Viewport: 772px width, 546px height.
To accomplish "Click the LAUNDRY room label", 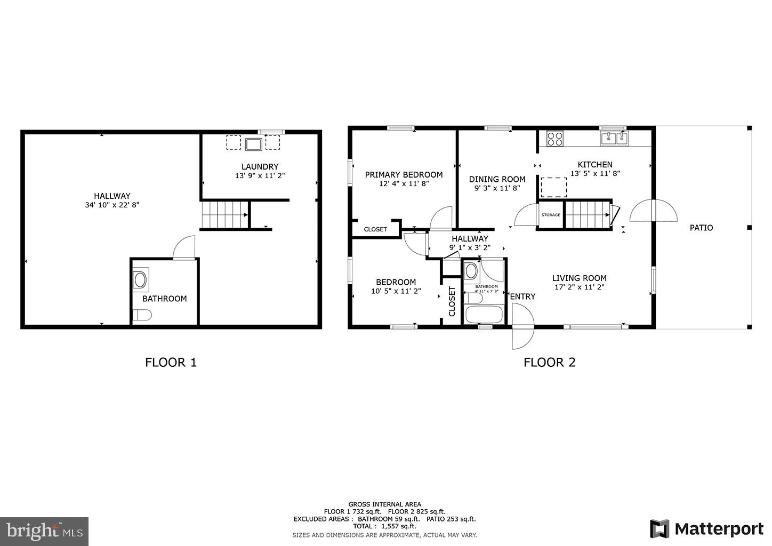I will [x=260, y=166].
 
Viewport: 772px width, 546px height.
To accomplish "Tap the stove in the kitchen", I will [x=555, y=139].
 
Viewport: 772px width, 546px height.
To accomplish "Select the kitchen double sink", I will [x=614, y=138].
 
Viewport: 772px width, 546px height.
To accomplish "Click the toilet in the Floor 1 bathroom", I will [x=142, y=315].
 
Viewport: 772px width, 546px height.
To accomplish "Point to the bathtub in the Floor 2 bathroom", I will [x=484, y=314].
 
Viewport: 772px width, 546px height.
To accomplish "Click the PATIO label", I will [x=701, y=228].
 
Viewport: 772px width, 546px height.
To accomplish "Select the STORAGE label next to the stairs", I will [x=551, y=215].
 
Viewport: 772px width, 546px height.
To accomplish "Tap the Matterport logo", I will [x=706, y=528].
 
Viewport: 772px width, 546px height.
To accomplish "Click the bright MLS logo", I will [x=44, y=531].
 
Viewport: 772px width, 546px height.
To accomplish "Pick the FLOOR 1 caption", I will [x=171, y=363].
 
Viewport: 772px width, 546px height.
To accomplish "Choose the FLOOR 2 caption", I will [x=549, y=363].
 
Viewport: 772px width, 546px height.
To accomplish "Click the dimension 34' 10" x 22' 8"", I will [x=112, y=205].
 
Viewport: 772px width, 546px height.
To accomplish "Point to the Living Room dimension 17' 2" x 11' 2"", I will [x=579, y=287].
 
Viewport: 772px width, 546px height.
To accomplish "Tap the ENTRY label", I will [x=522, y=296].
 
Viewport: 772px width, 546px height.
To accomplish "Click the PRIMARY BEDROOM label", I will [x=404, y=174].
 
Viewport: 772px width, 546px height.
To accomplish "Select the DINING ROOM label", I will [x=497, y=179].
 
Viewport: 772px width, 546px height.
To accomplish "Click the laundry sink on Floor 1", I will [x=253, y=143].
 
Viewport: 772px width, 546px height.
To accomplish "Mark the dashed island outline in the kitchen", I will [x=554, y=187].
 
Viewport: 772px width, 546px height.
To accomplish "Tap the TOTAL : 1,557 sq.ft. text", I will [x=384, y=526].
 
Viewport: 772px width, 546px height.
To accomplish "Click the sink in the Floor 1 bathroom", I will [x=140, y=279].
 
